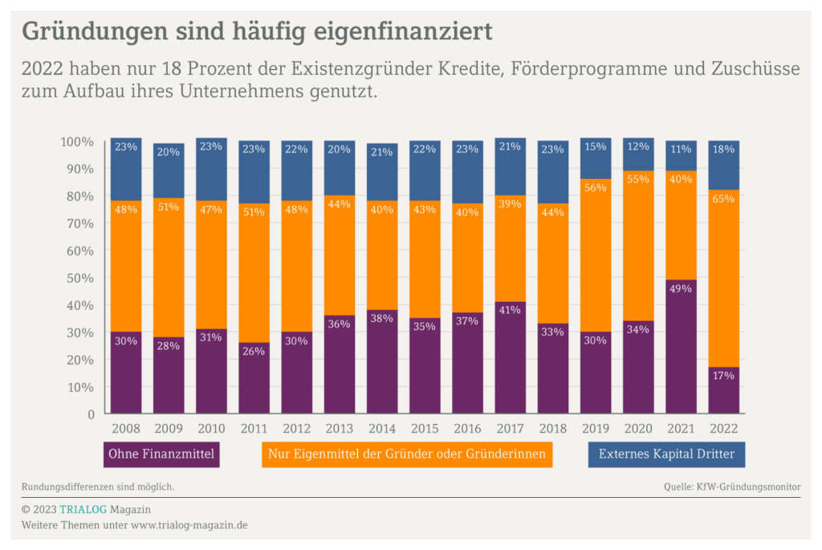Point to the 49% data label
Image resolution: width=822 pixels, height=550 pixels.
(681, 289)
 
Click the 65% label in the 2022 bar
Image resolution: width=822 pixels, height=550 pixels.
(723, 198)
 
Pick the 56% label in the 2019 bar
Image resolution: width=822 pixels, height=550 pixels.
(595, 188)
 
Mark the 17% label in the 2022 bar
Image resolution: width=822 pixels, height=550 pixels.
(723, 376)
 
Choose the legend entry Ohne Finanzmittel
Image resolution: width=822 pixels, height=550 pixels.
(163, 454)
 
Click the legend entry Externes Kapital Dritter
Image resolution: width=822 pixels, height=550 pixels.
(666, 454)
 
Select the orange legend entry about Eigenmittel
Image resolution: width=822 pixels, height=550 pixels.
(407, 454)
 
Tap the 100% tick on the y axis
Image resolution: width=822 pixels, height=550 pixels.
(77, 142)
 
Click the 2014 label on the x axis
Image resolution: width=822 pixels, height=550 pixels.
(382, 429)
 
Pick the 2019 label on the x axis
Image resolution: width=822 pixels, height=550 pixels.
(595, 429)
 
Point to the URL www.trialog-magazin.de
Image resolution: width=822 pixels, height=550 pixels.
(189, 525)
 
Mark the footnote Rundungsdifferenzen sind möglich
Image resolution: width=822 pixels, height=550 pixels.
(98, 487)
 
